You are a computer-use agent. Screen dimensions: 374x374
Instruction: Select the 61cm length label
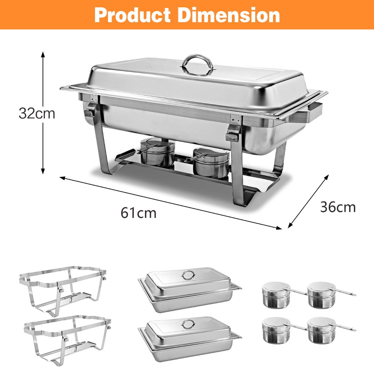tap(138, 213)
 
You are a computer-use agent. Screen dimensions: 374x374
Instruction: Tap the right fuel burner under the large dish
tap(211, 163)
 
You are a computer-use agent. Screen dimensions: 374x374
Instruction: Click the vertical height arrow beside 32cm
tap(43, 113)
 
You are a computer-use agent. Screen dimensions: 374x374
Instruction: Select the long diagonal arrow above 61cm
tap(171, 203)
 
